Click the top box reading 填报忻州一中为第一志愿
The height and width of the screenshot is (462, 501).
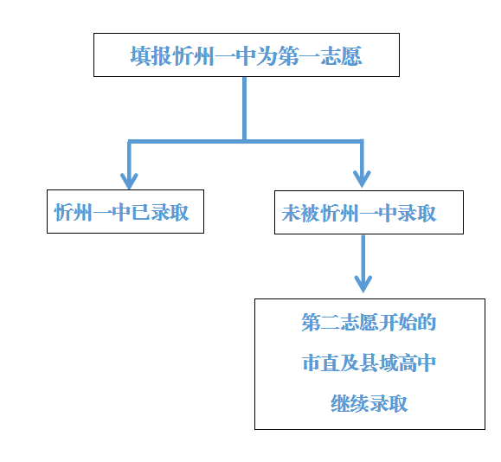(247, 55)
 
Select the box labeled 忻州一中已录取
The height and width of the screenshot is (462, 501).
(125, 211)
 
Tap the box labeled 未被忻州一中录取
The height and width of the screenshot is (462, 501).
(369, 213)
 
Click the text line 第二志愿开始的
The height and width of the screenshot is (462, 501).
(369, 322)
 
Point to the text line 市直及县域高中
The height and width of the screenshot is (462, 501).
(369, 363)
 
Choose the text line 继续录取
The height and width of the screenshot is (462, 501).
(369, 403)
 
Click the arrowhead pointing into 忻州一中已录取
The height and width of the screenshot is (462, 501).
(129, 181)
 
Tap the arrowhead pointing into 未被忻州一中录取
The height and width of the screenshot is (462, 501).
(362, 179)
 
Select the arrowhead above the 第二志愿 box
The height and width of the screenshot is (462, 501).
(363, 284)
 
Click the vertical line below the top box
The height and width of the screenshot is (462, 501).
(244, 109)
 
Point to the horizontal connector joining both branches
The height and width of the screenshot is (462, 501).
(246, 141)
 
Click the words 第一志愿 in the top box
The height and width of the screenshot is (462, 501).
(320, 56)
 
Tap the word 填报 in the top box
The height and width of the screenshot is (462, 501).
(151, 56)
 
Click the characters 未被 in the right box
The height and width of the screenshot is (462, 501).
(300, 213)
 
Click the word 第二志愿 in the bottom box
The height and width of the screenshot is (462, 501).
(340, 322)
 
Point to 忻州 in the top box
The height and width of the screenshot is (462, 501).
(193, 56)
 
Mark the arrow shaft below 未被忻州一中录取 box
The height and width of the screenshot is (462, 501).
(363, 260)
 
